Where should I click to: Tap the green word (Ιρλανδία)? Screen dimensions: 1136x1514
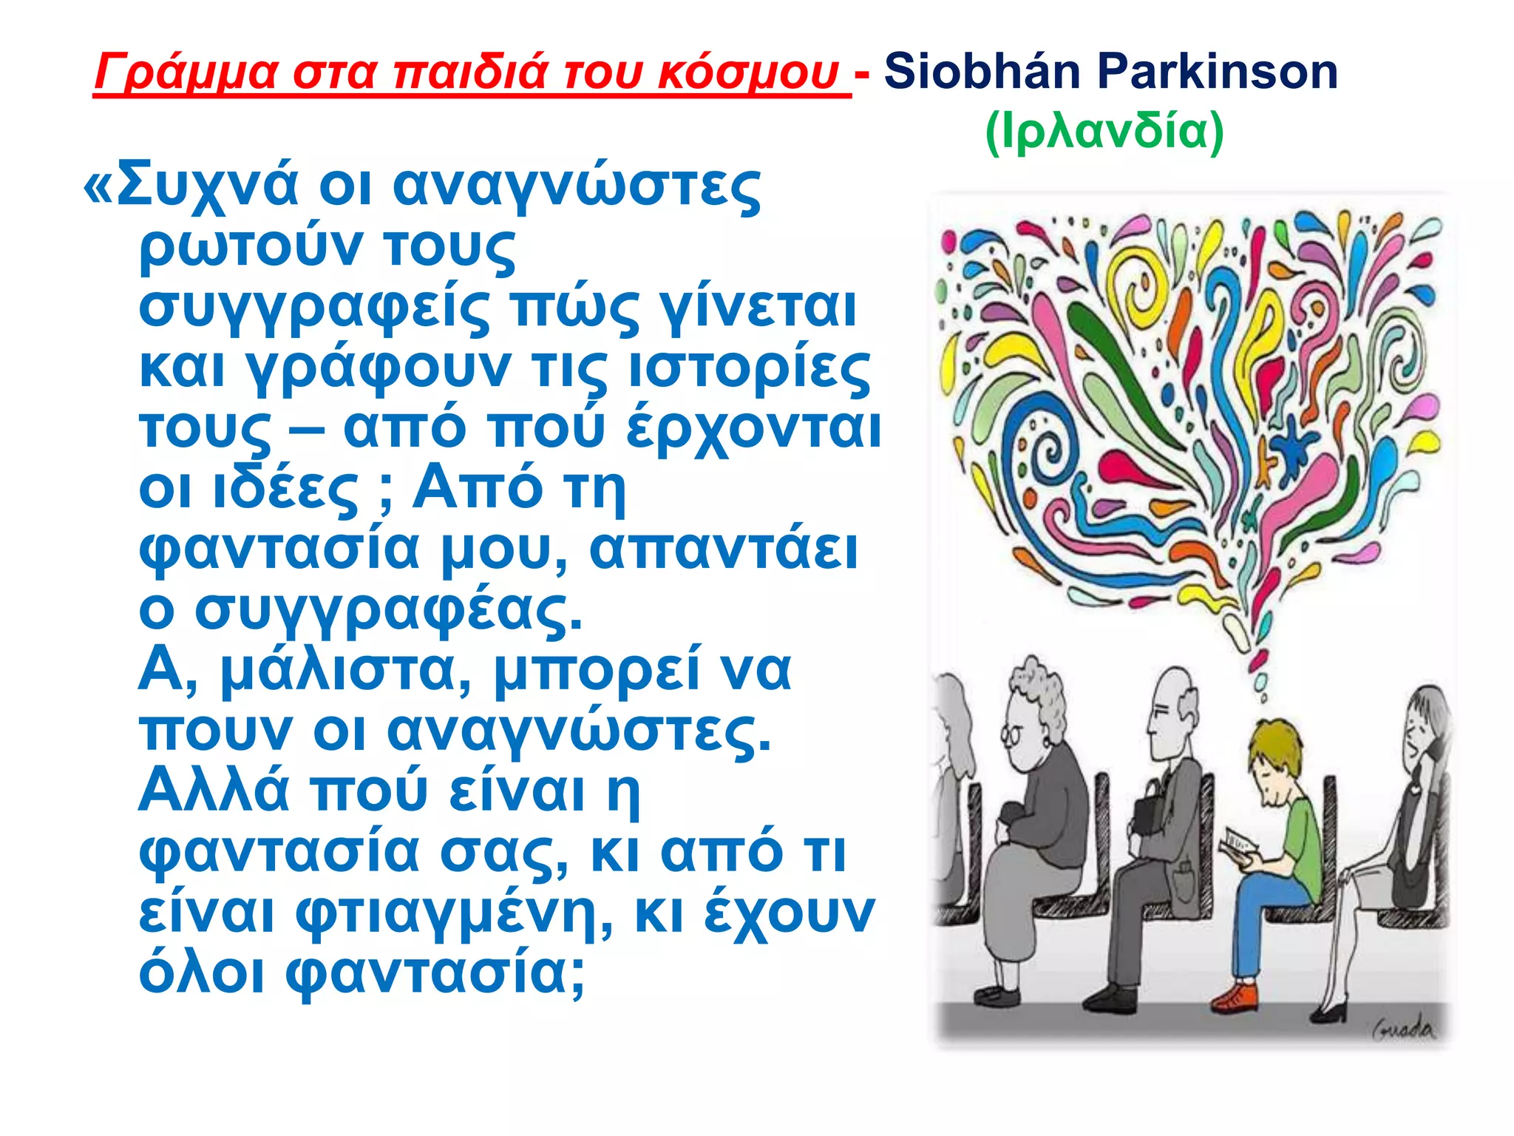[1104, 132]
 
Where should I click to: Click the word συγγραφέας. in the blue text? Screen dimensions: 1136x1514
[388, 610]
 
